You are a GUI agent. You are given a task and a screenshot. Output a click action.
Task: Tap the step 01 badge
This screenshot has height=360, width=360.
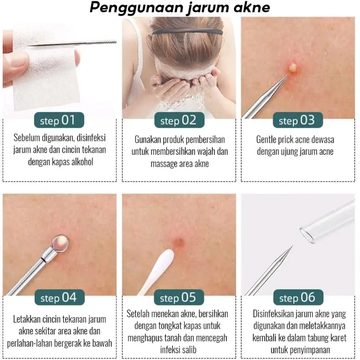pyautogui.click(x=59, y=120)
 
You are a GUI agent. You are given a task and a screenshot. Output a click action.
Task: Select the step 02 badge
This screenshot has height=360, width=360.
pyautogui.click(x=179, y=120)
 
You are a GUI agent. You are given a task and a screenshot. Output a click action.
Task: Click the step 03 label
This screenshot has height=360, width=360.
pyautogui.click(x=298, y=120)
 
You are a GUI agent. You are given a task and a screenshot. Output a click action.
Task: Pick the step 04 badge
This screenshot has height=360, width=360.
pyautogui.click(x=59, y=297)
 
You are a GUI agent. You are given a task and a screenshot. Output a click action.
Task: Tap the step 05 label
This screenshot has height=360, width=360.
pyautogui.click(x=179, y=297)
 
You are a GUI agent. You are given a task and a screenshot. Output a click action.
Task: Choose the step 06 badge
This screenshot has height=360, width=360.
pyautogui.click(x=298, y=297)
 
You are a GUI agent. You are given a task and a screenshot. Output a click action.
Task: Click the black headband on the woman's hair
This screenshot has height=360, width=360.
pyautogui.click(x=187, y=31)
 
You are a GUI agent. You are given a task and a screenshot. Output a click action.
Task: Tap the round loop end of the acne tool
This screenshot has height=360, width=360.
pyautogui.click(x=60, y=243)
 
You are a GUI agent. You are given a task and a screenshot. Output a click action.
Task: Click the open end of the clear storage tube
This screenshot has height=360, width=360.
pyautogui.click(x=307, y=234)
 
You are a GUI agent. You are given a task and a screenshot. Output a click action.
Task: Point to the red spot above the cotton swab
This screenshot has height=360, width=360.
pyautogui.click(x=179, y=242)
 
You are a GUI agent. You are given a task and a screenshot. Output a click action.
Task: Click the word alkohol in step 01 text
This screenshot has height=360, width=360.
pyautogui.click(x=82, y=162)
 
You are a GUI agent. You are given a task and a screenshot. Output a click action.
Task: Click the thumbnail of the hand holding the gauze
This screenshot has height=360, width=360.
pyautogui.click(x=60, y=69)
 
